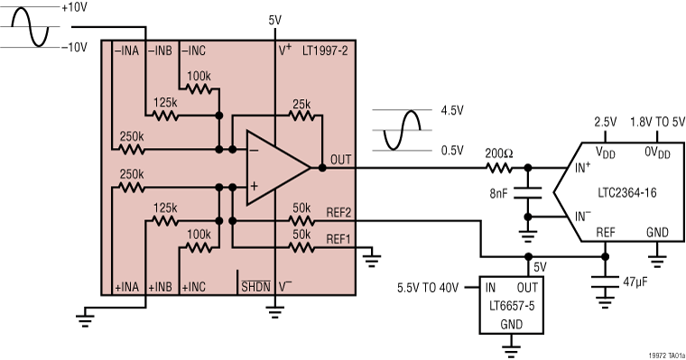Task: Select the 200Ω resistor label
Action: click(x=498, y=153)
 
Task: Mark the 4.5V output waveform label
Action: click(x=453, y=112)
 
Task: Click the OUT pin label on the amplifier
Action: click(x=341, y=159)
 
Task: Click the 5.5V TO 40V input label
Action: click(x=429, y=288)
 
